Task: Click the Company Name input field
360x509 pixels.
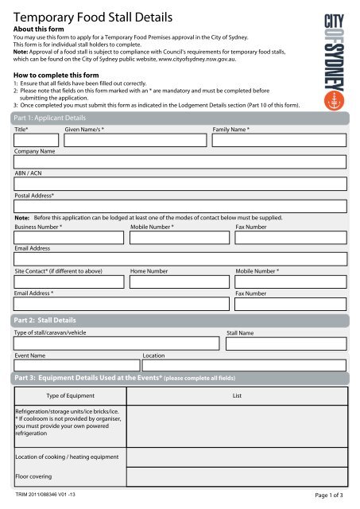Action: [180, 161]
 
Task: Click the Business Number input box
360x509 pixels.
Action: [69, 237]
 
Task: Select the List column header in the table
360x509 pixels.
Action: [236, 395]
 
